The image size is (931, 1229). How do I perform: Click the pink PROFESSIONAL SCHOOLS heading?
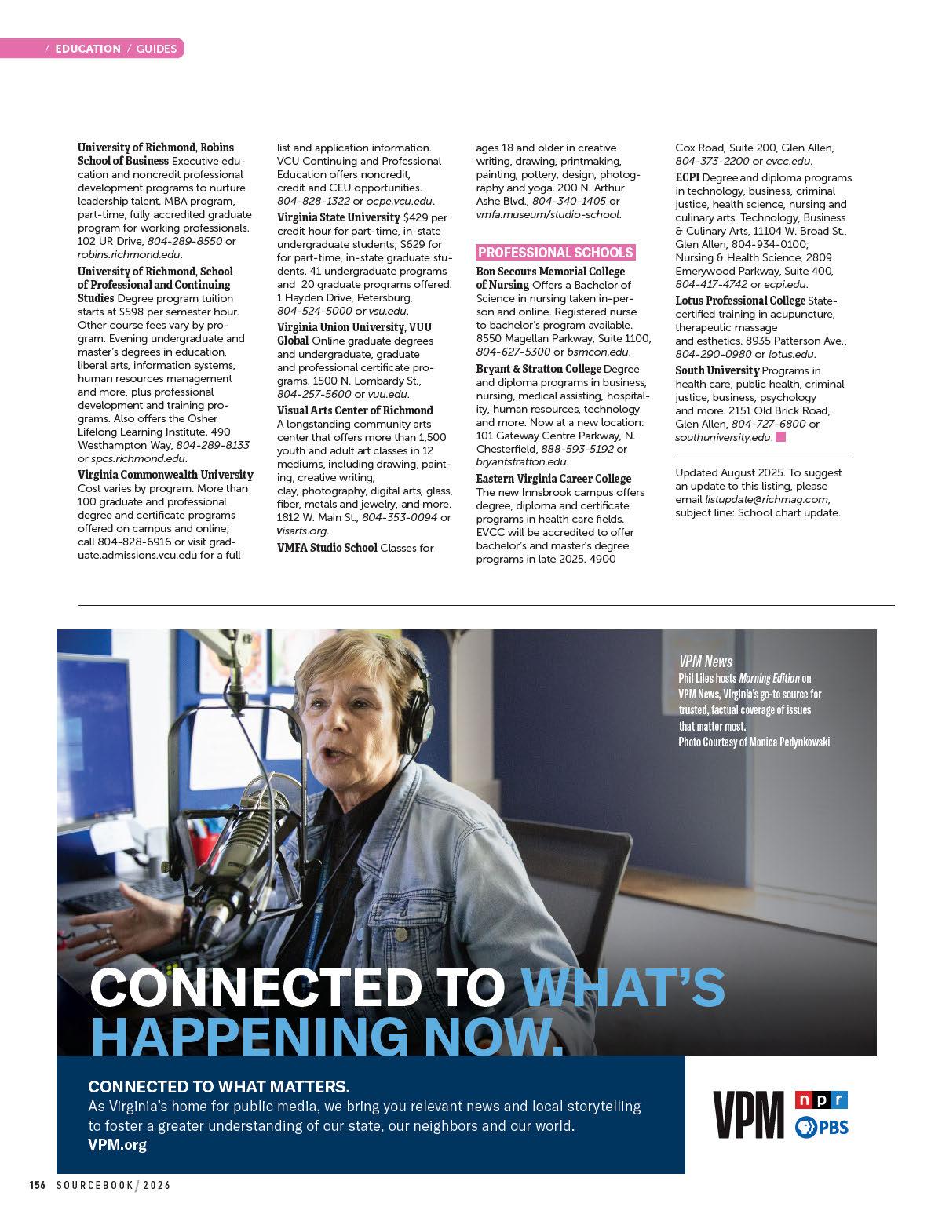[x=555, y=253]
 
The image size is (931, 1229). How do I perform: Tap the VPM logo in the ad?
[x=748, y=1114]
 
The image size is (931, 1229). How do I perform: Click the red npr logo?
[x=821, y=1100]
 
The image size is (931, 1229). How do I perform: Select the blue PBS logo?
[x=821, y=1128]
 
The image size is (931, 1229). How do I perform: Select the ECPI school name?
[x=688, y=177]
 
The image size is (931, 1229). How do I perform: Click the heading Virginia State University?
[x=338, y=217]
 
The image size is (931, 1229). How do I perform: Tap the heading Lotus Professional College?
[x=740, y=301]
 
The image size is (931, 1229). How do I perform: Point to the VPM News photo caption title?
[x=706, y=662]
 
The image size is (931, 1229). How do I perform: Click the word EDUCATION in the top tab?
[x=88, y=49]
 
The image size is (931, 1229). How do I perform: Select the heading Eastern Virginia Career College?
[x=553, y=479]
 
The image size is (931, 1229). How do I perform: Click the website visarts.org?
[x=301, y=531]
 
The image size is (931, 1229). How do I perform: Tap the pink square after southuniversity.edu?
[x=780, y=437]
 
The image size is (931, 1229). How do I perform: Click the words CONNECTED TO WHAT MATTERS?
[x=219, y=1087]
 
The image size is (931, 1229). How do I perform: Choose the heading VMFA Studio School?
[x=327, y=548]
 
